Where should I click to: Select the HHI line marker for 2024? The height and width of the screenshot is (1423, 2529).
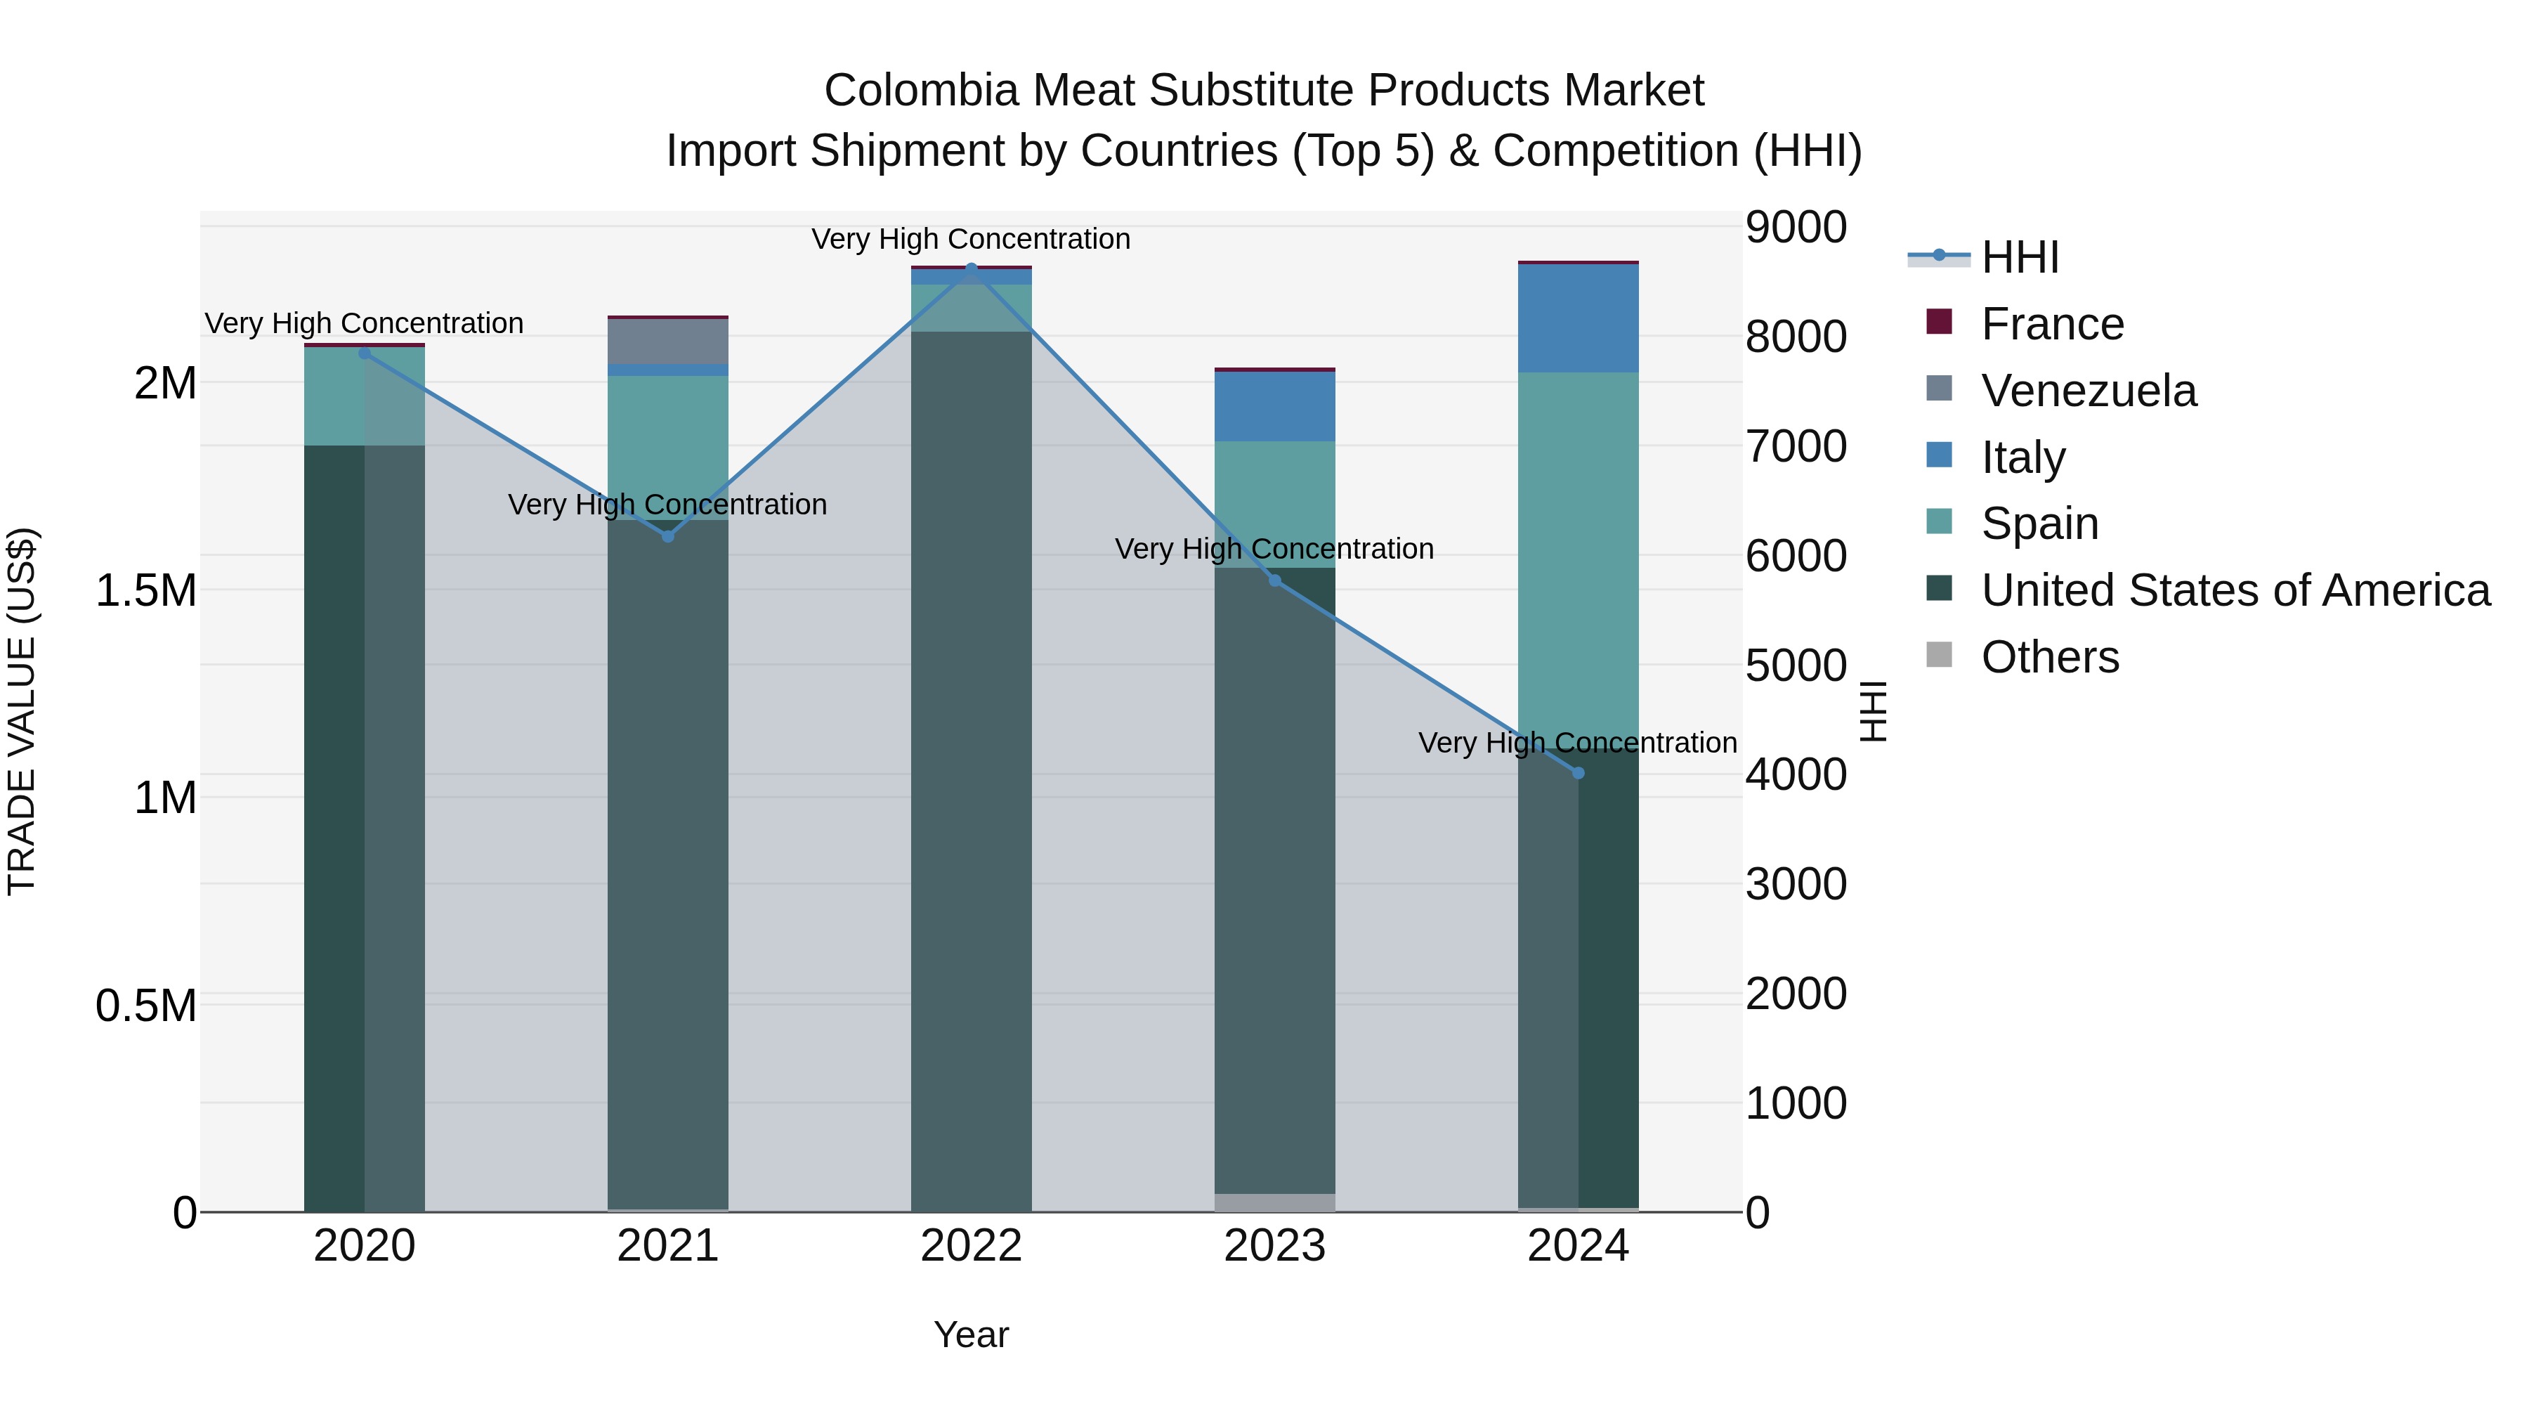pyautogui.click(x=1578, y=773)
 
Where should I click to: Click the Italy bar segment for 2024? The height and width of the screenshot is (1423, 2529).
pyautogui.click(x=1578, y=318)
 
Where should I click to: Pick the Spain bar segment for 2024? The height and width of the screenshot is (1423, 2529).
pyautogui.click(x=1578, y=550)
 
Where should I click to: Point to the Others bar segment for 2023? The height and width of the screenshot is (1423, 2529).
pyautogui.click(x=1274, y=1202)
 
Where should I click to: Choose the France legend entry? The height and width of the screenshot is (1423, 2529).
pyautogui.click(x=2052, y=324)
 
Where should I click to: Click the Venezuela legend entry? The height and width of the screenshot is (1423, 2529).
pyautogui.click(x=2089, y=391)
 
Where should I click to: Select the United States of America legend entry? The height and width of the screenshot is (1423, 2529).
pyautogui.click(x=2235, y=590)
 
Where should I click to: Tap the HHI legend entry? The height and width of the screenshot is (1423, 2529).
pyautogui.click(x=2020, y=257)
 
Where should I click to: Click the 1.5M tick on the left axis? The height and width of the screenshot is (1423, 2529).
pyautogui.click(x=146, y=590)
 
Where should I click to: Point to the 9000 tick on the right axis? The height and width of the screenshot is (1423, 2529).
pyautogui.click(x=1796, y=227)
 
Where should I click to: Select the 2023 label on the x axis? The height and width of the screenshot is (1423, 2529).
pyautogui.click(x=1274, y=1246)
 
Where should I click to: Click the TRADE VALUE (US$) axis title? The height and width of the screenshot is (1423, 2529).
pyautogui.click(x=22, y=711)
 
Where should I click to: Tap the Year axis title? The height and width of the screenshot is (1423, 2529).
pyautogui.click(x=971, y=1334)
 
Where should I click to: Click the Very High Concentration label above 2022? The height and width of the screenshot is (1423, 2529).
pyautogui.click(x=970, y=239)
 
